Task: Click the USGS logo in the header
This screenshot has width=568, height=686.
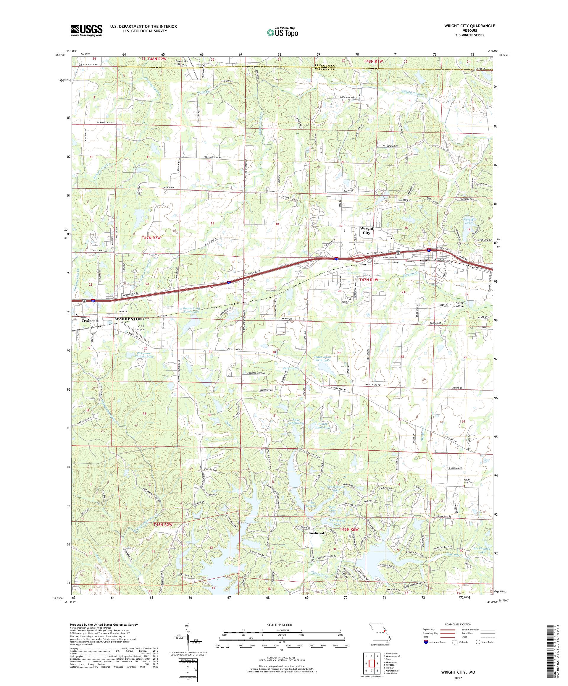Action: click(x=86, y=30)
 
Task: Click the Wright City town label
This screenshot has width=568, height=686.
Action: click(x=366, y=231)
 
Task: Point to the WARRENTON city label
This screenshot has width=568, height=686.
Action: click(x=128, y=319)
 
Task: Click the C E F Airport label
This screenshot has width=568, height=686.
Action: click(x=141, y=328)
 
